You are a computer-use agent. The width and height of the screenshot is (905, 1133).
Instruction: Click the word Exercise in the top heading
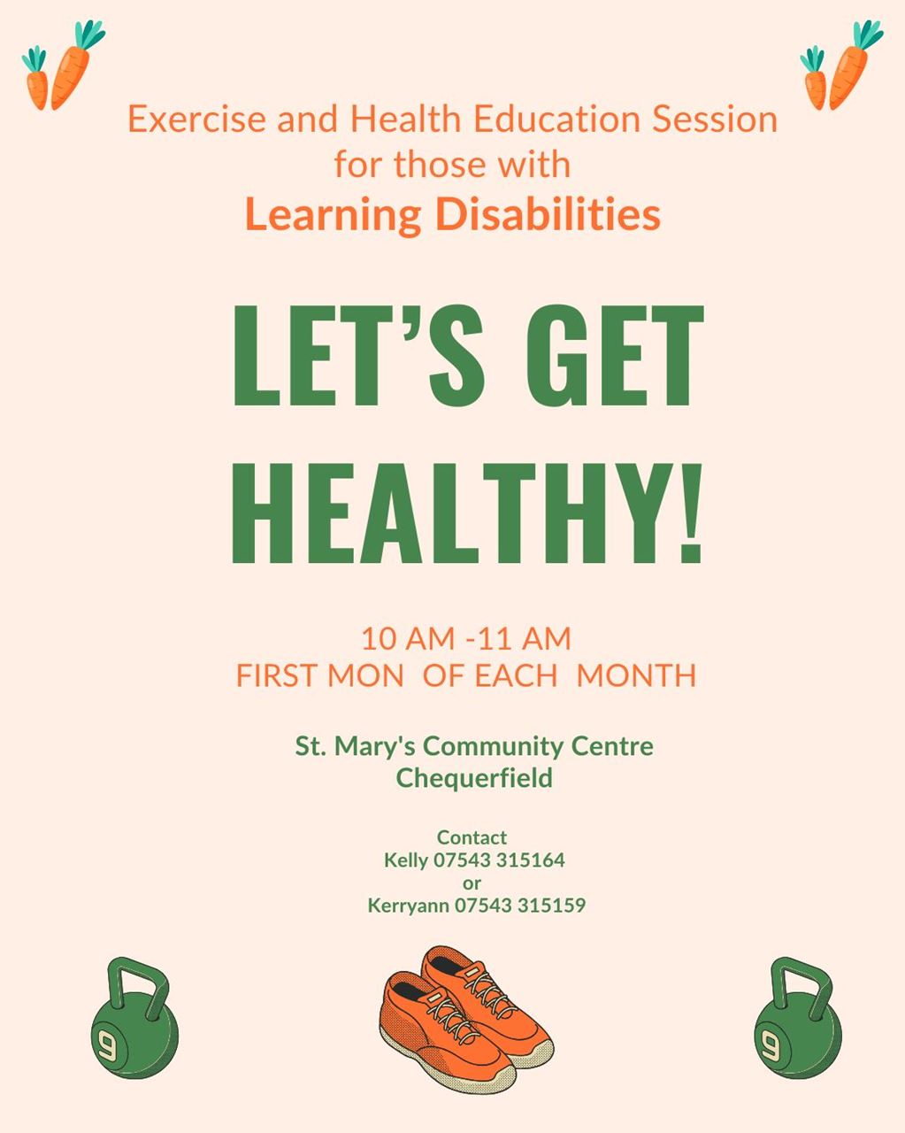coord(197,119)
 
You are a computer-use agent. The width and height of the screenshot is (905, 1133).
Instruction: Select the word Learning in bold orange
coord(333,216)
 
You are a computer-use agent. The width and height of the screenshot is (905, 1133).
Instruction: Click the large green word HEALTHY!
coord(467,513)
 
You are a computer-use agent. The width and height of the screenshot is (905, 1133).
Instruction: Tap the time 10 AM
coord(408,638)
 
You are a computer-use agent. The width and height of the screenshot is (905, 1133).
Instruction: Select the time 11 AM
coord(525,638)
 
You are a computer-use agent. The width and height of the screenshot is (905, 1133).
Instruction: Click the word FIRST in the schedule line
coord(277,675)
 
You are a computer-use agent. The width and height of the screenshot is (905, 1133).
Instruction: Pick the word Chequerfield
coord(474,777)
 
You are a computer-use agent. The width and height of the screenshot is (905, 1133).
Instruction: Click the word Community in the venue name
coord(493,746)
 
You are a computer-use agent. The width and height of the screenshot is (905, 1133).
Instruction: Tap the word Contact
coord(472,836)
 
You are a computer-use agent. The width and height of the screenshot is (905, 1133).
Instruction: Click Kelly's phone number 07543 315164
coord(499,859)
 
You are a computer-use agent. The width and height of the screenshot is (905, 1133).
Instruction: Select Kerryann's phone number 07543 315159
coord(520,905)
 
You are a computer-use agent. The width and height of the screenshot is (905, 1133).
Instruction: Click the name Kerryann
coord(409,906)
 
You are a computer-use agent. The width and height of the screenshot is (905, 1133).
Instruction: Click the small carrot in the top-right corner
coord(814,79)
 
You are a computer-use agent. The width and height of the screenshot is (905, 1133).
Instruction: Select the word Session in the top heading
coord(715,119)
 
